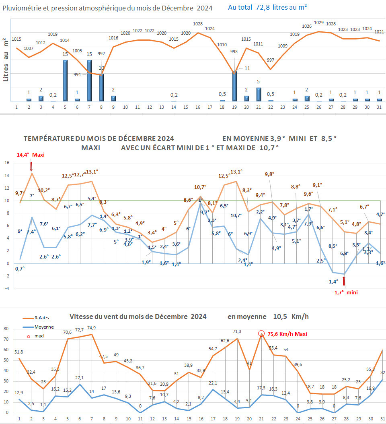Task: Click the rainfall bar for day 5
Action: pyautogui.click(x=65, y=81)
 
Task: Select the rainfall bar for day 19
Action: pyautogui.click(x=234, y=86)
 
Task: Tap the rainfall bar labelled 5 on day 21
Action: pyautogui.click(x=259, y=94)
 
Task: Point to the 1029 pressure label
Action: pyautogui.click(x=319, y=23)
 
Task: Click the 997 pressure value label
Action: pyautogui.click(x=271, y=60)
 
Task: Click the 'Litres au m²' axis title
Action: pyautogui.click(x=6, y=61)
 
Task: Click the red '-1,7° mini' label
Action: pyautogui.click(x=345, y=293)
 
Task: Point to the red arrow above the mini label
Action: pyautogui.click(x=344, y=281)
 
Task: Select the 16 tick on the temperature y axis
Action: pyautogui.click(x=6, y=163)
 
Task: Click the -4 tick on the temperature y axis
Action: pyautogui.click(x=6, y=288)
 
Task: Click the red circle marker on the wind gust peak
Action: pyautogui.click(x=261, y=333)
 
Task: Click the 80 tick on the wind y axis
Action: pyautogui.click(x=6, y=329)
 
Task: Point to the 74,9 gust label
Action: pyautogui.click(x=92, y=327)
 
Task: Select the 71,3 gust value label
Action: pyautogui.click(x=237, y=331)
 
